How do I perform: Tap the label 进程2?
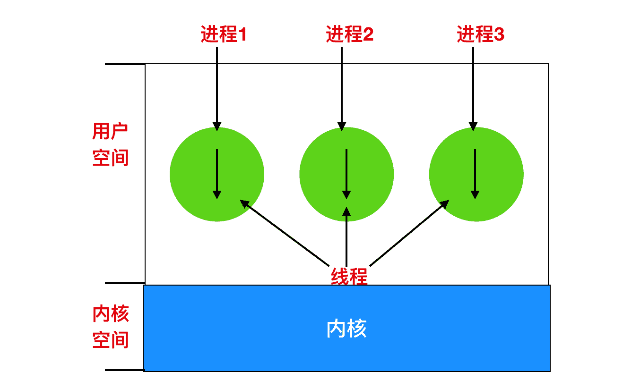(350, 35)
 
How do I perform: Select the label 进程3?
(480, 35)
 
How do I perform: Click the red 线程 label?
(349, 276)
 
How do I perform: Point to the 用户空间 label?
(110, 144)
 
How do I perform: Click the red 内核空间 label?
(111, 327)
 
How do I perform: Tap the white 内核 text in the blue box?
(346, 329)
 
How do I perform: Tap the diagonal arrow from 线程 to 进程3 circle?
(409, 233)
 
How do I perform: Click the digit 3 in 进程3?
(499, 35)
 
